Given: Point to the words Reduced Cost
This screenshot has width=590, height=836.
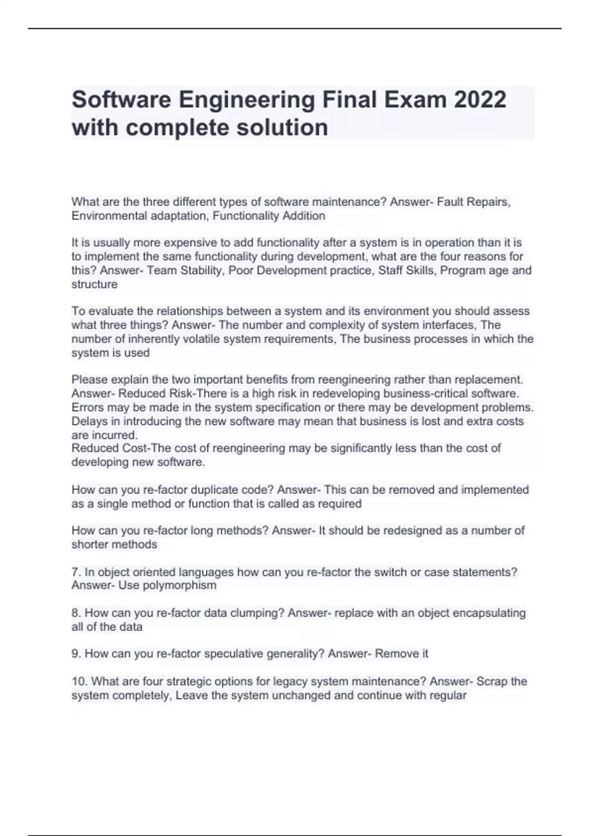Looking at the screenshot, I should coord(109,448).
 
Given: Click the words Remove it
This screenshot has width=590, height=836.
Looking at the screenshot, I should coord(401,654).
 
